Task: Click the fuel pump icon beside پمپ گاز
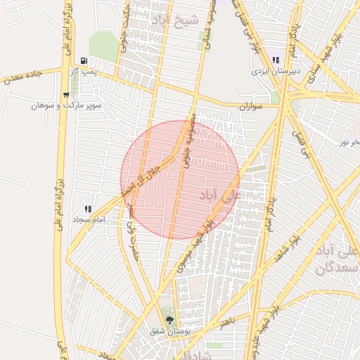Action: click(84, 61)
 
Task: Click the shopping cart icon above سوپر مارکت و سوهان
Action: click(65, 94)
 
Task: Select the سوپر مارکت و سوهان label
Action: click(66, 105)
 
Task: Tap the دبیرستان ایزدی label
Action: click(276, 71)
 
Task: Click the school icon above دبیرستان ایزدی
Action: click(275, 60)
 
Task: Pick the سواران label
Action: click(250, 107)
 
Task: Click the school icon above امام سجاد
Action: click(88, 209)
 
